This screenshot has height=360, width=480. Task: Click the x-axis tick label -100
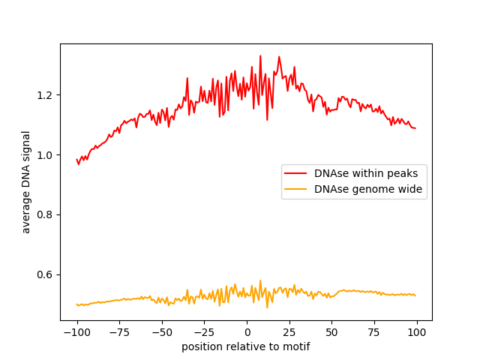(x=76, y=332)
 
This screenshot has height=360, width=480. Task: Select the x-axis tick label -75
(x=119, y=332)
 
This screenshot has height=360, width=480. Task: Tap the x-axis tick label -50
(x=162, y=332)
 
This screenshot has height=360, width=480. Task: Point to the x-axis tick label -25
(x=204, y=332)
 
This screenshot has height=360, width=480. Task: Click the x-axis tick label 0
(x=247, y=332)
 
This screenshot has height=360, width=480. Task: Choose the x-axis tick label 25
(x=289, y=332)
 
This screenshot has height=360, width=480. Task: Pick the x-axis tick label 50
(x=332, y=332)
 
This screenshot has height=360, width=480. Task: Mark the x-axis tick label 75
(x=375, y=332)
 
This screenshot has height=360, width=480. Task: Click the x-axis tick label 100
(x=417, y=332)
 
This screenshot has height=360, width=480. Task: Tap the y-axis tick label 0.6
(x=46, y=274)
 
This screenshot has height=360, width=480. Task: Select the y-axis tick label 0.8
(x=46, y=214)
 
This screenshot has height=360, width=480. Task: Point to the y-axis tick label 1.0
(x=46, y=155)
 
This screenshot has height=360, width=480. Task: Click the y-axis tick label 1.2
(x=46, y=95)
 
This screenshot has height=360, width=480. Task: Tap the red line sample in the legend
(x=296, y=173)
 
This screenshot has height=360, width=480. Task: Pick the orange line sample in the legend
(x=296, y=190)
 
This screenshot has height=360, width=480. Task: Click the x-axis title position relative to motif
(x=246, y=346)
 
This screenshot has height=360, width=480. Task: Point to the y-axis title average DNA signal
(x=26, y=182)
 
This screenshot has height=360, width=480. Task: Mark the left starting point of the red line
(x=76, y=159)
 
